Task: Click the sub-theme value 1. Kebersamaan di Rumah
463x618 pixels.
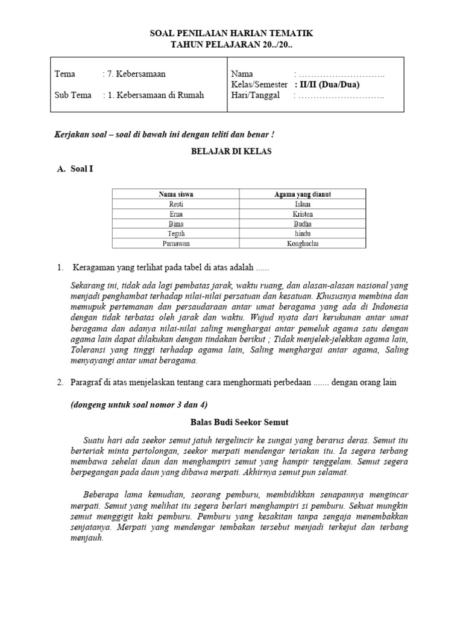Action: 156,95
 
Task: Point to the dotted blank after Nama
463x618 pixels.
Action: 341,74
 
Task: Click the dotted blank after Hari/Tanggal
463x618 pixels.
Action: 341,95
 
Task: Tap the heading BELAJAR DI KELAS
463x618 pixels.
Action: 231,151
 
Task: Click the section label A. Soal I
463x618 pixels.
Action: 75,170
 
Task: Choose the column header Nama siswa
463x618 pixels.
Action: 176,194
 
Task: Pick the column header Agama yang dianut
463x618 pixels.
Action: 303,194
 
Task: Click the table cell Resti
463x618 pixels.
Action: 176,204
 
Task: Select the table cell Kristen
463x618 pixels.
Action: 303,214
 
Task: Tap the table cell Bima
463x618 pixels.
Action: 176,223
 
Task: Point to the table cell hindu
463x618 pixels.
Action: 303,233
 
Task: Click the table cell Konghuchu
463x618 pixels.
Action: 303,243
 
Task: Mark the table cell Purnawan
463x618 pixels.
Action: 176,243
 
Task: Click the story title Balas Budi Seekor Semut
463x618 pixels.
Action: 231,424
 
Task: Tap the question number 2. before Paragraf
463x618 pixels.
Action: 60,383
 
